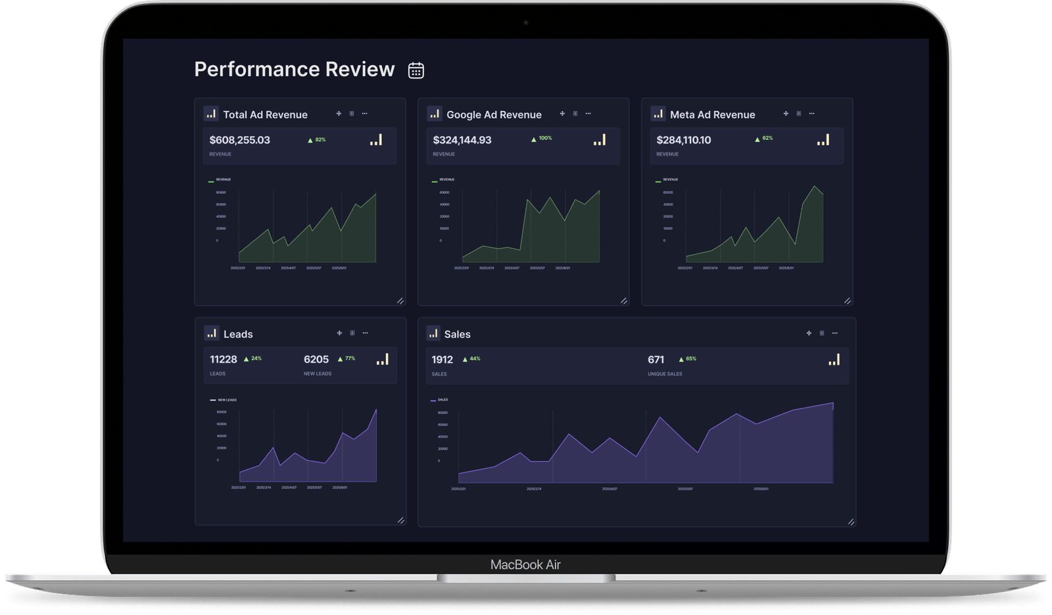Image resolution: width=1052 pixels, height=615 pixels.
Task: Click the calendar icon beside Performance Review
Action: (416, 70)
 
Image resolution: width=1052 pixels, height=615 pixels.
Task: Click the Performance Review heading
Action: (294, 69)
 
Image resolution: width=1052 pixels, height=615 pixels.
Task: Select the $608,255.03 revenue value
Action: (239, 140)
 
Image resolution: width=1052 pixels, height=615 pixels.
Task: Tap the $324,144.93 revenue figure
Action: (462, 140)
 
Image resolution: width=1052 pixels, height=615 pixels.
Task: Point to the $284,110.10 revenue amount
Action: (684, 140)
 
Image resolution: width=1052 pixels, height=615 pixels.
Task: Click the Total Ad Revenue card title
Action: (265, 114)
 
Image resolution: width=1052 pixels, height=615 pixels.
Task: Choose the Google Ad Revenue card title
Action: (494, 114)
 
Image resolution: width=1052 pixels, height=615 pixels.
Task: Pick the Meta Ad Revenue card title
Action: (712, 114)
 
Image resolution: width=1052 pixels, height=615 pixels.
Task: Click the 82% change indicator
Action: (317, 140)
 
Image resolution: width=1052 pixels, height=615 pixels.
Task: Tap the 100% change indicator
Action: (542, 139)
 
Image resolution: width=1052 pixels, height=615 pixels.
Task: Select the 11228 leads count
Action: (223, 359)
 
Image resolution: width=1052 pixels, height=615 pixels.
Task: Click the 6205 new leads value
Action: (316, 359)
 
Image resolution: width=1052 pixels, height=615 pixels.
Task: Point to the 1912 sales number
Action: (442, 359)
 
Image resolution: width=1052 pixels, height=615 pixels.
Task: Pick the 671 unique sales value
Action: (656, 359)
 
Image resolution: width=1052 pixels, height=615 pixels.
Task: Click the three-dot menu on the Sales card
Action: (835, 333)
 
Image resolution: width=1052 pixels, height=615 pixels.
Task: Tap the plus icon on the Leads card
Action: (339, 333)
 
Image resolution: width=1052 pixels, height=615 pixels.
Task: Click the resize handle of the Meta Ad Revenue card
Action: (847, 301)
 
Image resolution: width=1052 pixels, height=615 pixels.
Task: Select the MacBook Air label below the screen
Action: (525, 564)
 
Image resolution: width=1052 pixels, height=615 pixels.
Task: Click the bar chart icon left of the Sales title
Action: (433, 333)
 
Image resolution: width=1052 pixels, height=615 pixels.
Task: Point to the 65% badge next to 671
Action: (688, 359)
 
